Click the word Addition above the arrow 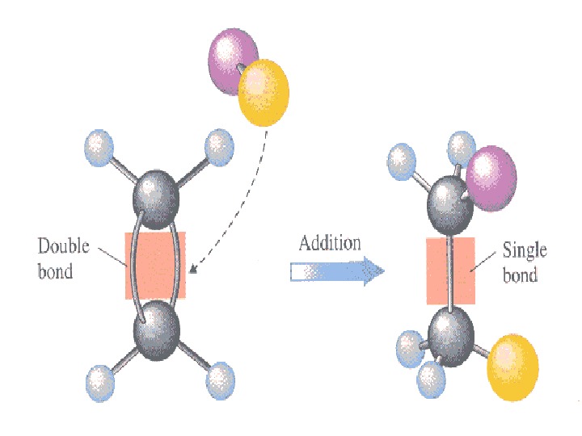(330, 243)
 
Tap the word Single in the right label (525, 250)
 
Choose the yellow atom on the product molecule (513, 369)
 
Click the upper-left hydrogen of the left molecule (99, 147)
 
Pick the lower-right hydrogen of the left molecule (220, 378)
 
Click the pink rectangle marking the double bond (154, 265)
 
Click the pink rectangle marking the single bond (449, 270)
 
